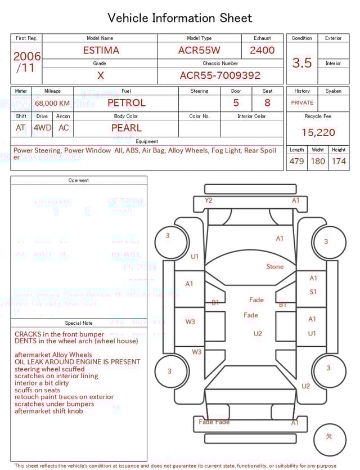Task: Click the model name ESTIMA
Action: tap(101, 50)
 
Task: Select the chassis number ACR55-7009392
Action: tap(220, 75)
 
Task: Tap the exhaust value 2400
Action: tap(262, 50)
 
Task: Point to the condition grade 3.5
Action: tap(302, 63)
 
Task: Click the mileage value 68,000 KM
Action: tap(52, 103)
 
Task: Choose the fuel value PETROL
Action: tap(127, 103)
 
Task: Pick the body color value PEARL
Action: tap(127, 128)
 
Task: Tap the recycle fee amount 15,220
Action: tap(318, 133)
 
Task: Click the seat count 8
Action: tap(267, 103)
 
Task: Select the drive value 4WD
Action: tap(42, 128)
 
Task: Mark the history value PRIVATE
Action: tap(302, 103)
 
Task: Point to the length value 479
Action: tap(296, 162)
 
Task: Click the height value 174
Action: tap(339, 162)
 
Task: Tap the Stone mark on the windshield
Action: tap(275, 266)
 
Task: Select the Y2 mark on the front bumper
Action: tap(209, 200)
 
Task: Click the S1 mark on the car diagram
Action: tap(313, 292)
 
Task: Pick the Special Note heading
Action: tap(79, 323)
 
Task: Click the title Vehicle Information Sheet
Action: tap(180, 18)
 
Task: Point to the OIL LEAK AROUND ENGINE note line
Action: tap(78, 362)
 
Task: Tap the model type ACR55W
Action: tap(199, 50)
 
